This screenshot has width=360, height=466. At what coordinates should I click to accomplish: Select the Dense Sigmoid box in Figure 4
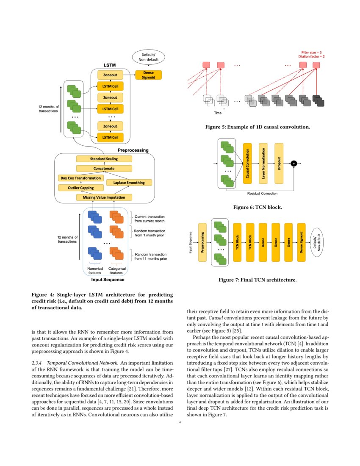(148, 75)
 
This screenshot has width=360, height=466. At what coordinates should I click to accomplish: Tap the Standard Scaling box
(104, 159)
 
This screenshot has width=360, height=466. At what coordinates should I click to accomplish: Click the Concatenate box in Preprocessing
(104, 169)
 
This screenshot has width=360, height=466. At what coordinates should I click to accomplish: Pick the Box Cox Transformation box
(80, 178)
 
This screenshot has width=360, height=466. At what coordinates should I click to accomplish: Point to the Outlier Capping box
(80, 187)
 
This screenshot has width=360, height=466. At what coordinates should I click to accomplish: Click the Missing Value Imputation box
(104, 197)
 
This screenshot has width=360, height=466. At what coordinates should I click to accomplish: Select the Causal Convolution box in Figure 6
(247, 163)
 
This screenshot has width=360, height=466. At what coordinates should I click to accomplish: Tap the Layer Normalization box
(263, 163)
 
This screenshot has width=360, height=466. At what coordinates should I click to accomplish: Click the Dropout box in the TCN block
(279, 163)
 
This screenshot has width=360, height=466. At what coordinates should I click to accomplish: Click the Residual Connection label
(262, 194)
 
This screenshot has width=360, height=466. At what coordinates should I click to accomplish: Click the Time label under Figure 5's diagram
(217, 113)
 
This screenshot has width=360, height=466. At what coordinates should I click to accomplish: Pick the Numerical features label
(95, 271)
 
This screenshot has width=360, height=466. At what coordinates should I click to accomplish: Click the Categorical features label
(117, 271)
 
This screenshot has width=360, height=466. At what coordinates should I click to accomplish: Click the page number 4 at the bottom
(180, 422)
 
